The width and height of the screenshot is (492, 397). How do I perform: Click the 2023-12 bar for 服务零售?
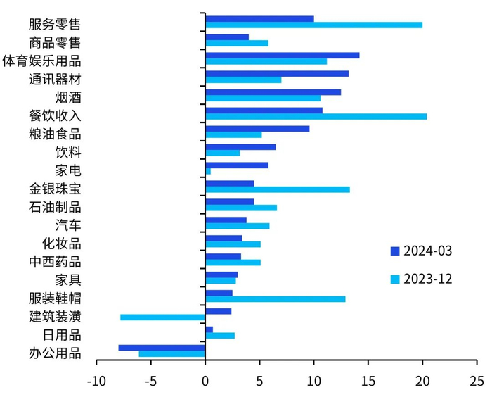313,25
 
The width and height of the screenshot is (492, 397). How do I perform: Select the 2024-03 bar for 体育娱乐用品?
282,55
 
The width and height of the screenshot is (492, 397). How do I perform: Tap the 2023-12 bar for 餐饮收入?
316,116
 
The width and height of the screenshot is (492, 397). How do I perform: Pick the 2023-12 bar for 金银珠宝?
277,189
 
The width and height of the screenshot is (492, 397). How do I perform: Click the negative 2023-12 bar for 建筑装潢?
162,317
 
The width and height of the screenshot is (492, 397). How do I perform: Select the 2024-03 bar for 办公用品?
162,347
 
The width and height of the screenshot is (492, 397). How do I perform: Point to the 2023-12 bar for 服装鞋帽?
275,299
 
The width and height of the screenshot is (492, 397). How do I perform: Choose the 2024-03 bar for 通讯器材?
276,73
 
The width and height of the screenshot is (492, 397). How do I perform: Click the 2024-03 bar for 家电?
236,165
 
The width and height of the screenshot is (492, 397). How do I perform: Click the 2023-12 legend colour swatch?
394,279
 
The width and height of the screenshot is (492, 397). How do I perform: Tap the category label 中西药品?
55,262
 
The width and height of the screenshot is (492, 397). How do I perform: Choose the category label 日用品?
61,335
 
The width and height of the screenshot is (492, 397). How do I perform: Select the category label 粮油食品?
55,134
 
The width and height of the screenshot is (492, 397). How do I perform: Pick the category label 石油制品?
55,207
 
